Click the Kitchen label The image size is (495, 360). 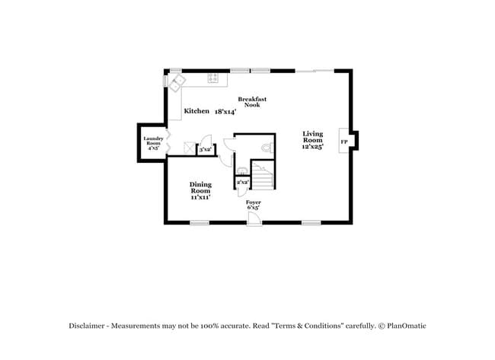(196, 111)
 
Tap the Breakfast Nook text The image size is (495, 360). (251, 102)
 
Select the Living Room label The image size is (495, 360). (312, 138)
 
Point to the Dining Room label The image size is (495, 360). (200, 187)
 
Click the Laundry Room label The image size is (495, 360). (153, 141)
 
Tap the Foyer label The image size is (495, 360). (254, 202)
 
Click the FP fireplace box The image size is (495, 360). (344, 142)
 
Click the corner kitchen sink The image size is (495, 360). (177, 82)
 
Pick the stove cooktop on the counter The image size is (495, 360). (214, 77)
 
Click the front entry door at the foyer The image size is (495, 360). (254, 218)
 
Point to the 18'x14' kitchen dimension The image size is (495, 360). (225, 111)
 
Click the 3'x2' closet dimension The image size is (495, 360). (205, 151)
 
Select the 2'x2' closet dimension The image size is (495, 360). (243, 183)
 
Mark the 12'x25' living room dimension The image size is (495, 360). (312, 147)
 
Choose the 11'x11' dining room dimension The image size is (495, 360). (200, 197)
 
